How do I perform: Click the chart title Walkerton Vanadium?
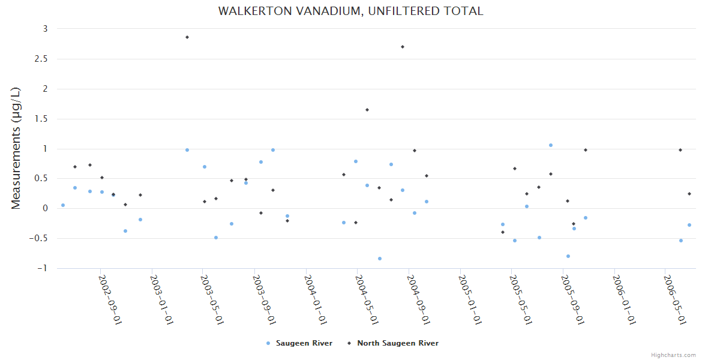350,11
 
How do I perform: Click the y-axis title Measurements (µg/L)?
16,148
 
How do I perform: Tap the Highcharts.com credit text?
673,355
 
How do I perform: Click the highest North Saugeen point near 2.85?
187,37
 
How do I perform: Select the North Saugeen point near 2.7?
403,47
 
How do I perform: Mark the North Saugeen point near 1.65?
367,110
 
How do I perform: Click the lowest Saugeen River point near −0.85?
380,259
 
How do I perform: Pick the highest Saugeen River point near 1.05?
551,145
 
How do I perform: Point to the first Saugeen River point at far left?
63,205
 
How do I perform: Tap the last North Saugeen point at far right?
689,194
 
